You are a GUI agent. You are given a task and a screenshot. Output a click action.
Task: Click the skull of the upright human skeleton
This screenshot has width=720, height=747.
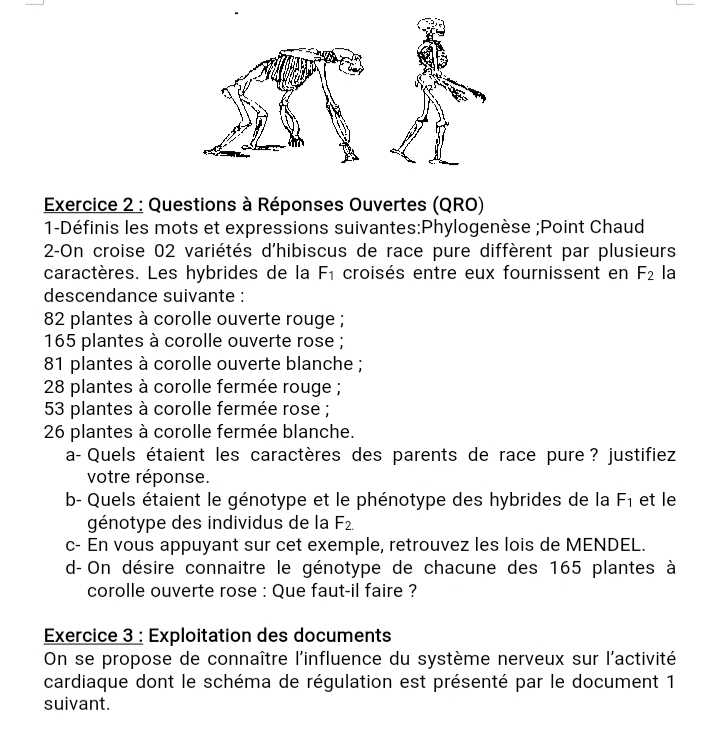click(430, 29)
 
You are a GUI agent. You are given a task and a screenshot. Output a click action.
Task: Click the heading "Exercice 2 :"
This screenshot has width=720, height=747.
click(94, 205)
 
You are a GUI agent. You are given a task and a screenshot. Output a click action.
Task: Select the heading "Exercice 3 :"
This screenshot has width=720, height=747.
click(94, 636)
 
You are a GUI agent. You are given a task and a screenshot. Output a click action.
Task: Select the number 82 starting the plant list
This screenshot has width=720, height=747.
click(55, 319)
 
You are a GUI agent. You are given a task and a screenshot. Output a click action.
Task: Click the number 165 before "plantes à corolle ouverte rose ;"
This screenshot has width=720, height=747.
click(60, 342)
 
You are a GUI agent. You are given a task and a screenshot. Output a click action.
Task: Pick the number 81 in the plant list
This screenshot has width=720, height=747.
click(55, 364)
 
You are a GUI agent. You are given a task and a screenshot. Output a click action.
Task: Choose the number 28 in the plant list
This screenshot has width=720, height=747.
click(55, 387)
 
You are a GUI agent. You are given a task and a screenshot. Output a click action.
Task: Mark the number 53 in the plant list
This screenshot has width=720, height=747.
click(55, 409)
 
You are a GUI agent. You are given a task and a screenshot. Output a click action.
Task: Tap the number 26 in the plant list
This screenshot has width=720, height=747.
click(55, 432)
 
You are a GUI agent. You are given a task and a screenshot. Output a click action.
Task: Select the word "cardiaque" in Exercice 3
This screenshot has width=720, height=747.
click(85, 681)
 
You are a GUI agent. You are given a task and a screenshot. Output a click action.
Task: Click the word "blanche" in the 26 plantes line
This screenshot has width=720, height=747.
click(319, 432)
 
